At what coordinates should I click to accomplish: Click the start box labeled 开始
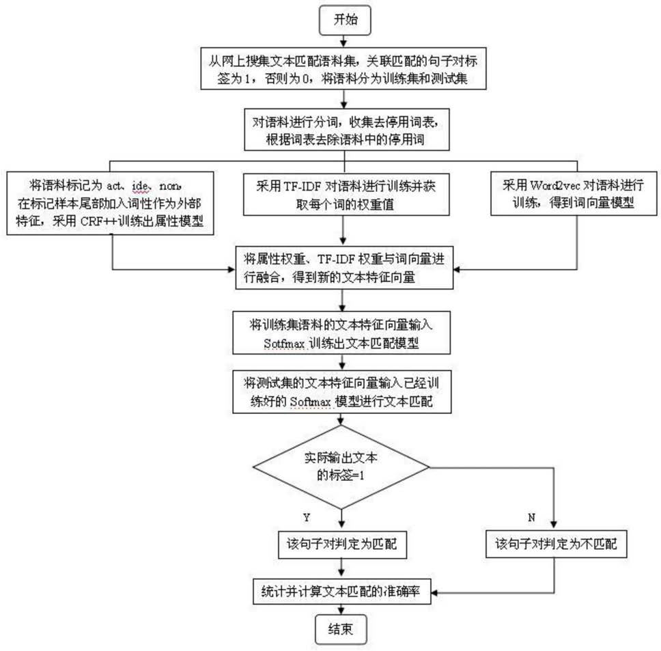(x=345, y=20)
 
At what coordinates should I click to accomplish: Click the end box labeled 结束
(x=341, y=630)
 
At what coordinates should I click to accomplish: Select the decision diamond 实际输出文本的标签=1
(x=341, y=467)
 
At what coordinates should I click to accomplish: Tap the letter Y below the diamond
(x=307, y=517)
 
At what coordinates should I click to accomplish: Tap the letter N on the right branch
(x=531, y=517)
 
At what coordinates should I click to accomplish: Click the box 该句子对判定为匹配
(x=341, y=544)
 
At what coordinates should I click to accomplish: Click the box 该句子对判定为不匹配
(x=557, y=544)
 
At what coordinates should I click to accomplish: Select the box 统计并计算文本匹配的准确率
(x=342, y=592)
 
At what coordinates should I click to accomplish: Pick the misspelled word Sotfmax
(x=284, y=344)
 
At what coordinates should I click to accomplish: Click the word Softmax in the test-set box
(x=310, y=402)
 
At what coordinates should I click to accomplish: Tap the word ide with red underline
(x=140, y=186)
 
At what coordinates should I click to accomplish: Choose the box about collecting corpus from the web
(x=343, y=68)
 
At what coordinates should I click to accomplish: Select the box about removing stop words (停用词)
(x=347, y=129)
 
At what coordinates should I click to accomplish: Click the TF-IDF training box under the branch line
(x=346, y=195)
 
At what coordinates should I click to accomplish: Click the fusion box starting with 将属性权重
(x=344, y=268)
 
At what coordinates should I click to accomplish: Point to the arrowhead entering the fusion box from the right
(x=457, y=269)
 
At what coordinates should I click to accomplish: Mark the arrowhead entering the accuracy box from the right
(x=434, y=592)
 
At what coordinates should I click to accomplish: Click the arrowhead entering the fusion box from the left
(x=231, y=269)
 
